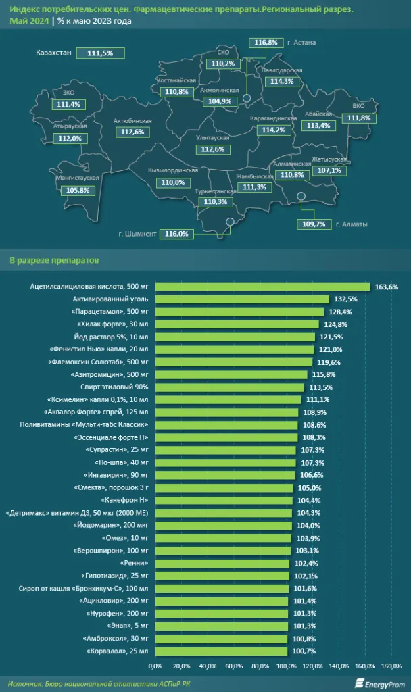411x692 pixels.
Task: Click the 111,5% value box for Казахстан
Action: (99, 53)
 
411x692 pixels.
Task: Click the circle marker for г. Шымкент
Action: (230, 221)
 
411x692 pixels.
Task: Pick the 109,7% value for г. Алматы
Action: (315, 224)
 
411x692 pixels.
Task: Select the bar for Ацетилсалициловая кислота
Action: (262, 287)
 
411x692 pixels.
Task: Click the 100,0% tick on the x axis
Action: (287, 667)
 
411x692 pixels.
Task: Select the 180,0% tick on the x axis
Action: (391, 667)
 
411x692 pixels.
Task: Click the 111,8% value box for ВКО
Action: (358, 118)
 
